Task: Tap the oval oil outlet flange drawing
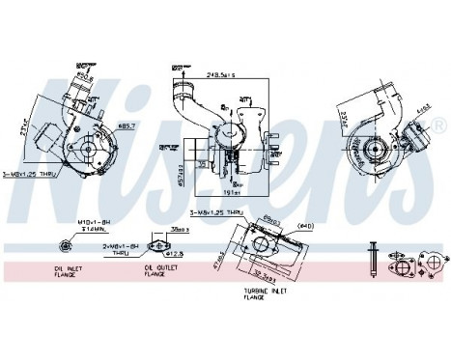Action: click(157, 248)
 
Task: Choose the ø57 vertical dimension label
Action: click(183, 176)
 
